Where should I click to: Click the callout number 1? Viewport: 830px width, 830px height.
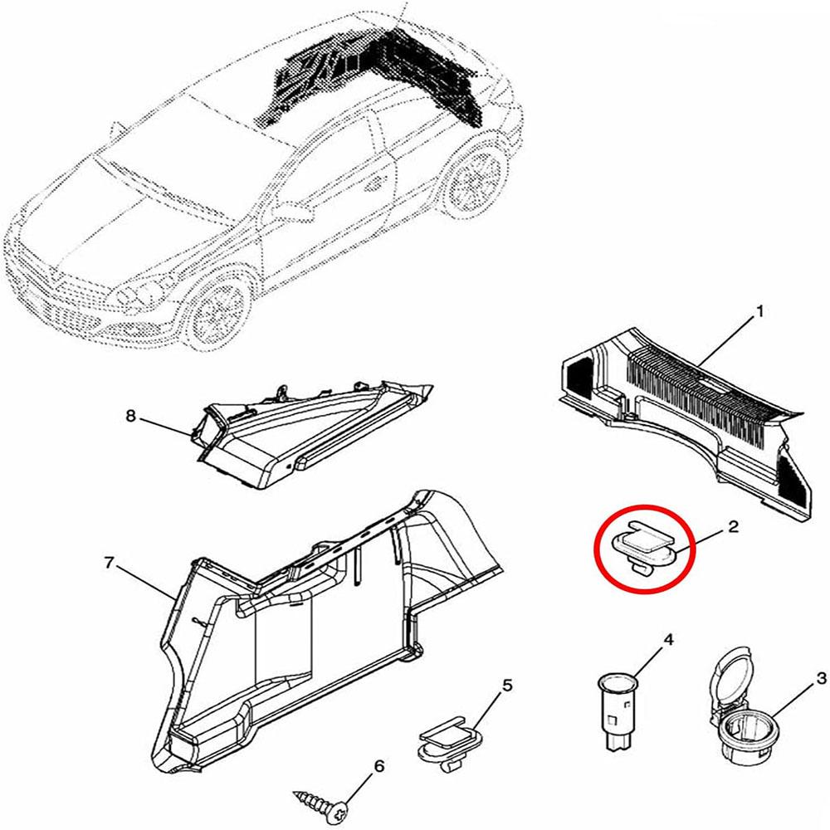[759, 314]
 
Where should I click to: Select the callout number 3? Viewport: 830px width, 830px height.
[821, 678]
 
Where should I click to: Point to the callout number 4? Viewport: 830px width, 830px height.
[666, 639]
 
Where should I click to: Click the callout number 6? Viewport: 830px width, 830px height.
[379, 766]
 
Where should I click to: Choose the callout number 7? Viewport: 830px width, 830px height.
[108, 564]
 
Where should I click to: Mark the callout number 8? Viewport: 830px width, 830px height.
[130, 417]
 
